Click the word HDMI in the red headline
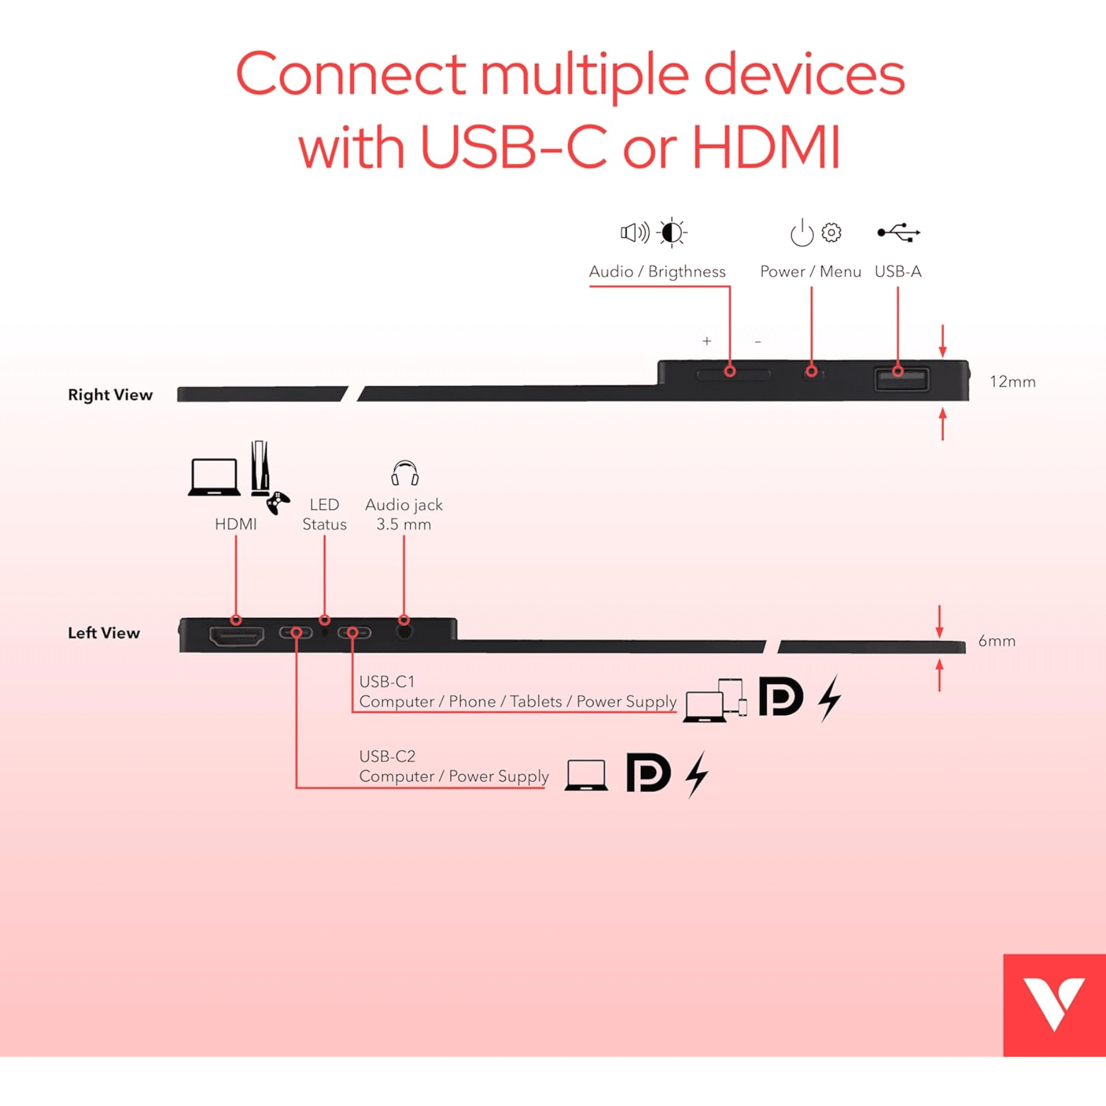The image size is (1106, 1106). [x=766, y=147]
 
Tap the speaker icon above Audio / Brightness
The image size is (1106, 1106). [x=634, y=233]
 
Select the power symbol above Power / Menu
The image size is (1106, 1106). [x=802, y=233]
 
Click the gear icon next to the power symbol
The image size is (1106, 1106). [x=831, y=232]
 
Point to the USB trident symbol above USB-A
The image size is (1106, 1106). [x=898, y=232]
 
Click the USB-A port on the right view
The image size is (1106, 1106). [x=901, y=379]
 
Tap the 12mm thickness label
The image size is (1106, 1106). [x=1013, y=382]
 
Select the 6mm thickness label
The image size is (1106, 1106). [x=997, y=641]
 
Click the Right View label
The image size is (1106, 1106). [x=110, y=394]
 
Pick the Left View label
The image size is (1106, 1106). [x=104, y=633]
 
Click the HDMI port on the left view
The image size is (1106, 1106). [x=237, y=636]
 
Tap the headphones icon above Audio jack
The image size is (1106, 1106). [x=405, y=473]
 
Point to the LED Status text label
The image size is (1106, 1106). [x=324, y=514]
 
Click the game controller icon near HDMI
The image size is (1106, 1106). [x=278, y=503]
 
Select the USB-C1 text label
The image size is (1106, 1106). [x=387, y=681]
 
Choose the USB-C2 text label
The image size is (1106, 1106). [x=387, y=756]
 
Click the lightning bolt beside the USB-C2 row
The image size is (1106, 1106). [x=697, y=774]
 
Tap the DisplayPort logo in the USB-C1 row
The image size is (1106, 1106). [x=780, y=697]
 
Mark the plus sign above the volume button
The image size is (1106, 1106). [x=707, y=341]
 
